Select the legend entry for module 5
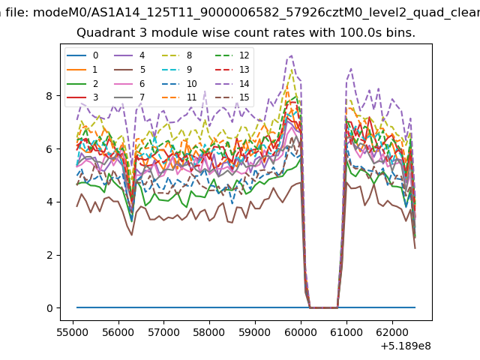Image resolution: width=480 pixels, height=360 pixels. point(130,70)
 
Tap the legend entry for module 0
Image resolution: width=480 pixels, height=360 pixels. point(82,55)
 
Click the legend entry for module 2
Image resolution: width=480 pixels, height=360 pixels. point(82,83)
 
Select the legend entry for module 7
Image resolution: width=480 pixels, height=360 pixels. point(130,97)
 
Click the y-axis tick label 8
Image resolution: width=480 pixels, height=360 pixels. point(49,96)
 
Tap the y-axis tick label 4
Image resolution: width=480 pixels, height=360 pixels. point(49,202)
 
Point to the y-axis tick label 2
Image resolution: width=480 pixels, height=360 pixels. point(49,255)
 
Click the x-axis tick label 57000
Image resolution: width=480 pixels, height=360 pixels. point(163,332)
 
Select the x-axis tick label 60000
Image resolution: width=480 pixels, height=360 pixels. point(301,332)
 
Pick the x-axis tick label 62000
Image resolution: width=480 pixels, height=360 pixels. point(392,332)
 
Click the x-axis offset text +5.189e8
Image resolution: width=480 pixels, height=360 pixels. point(406,346)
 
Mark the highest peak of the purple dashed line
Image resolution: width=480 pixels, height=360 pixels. point(291,55)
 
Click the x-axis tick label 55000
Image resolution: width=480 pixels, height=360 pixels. point(73,332)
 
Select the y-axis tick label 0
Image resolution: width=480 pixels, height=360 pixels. point(49,308)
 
